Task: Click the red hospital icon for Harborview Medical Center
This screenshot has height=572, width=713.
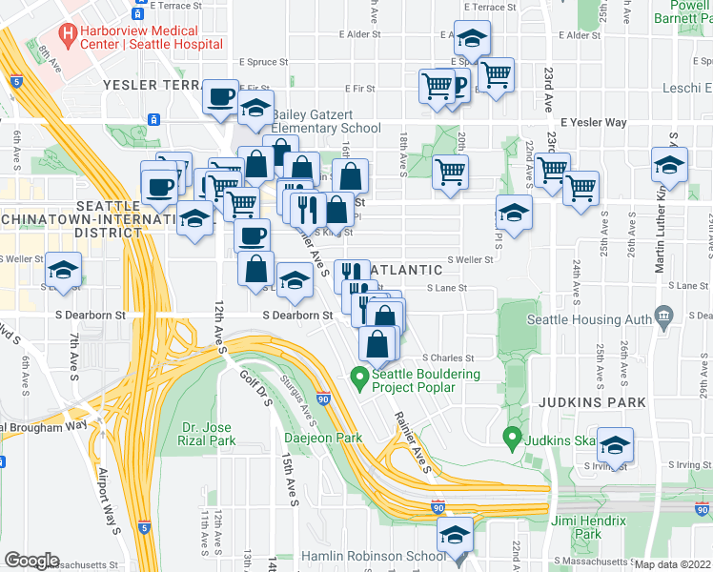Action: pos(68,35)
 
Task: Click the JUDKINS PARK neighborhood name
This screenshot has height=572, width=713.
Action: pos(580,401)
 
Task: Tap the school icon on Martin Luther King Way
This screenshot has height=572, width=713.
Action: pos(669,165)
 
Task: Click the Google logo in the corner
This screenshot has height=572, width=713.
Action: pos(32,561)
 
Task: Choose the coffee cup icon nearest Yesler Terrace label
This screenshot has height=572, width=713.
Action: pos(221,97)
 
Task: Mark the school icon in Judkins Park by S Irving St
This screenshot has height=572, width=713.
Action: pos(615,446)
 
